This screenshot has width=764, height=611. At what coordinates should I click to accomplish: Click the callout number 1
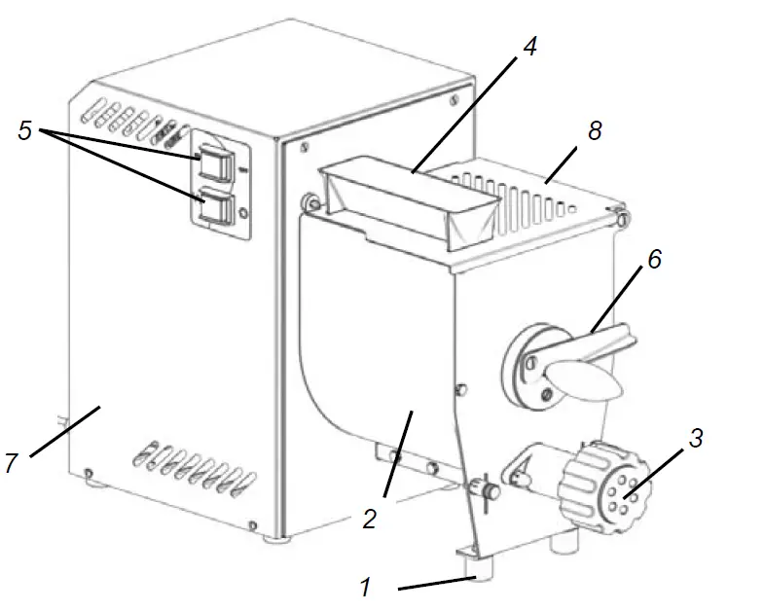[x=365, y=588]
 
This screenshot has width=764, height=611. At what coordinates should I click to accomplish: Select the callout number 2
[x=369, y=519]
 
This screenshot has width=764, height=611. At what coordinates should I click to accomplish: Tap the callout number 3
[x=695, y=438]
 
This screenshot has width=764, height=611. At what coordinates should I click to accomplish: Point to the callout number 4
[x=528, y=48]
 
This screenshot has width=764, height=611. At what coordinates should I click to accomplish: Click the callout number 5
[x=25, y=131]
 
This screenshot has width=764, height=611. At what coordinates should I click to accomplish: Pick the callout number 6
[x=654, y=260]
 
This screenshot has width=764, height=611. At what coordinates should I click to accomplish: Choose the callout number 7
[x=11, y=463]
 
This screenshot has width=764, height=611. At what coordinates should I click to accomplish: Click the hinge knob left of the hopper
[x=311, y=202]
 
